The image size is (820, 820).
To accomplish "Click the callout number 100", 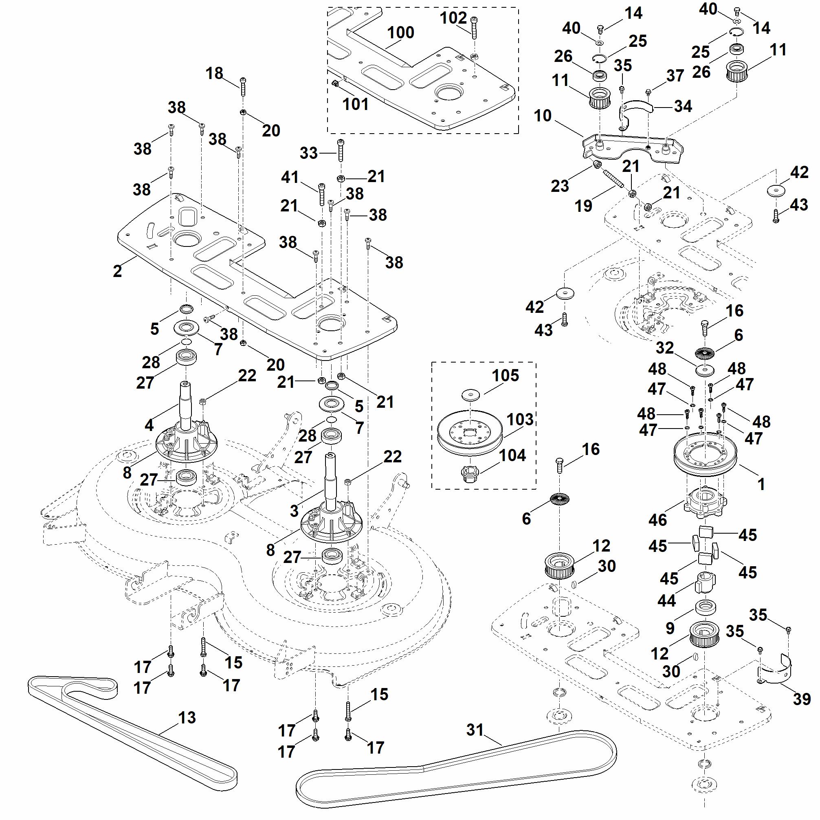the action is tap(401, 33).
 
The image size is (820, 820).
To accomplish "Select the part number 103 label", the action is tap(520, 419).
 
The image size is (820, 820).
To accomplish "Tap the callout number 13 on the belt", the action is tap(187, 718).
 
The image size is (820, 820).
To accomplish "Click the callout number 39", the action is tap(801, 699).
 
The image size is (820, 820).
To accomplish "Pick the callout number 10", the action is tap(543, 115).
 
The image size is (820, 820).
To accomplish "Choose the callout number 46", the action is tap(657, 520).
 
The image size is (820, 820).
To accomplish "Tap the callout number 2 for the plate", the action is tap(117, 271).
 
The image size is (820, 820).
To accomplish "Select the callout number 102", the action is tap(453, 18).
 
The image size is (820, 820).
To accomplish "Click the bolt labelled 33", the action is tap(341, 150).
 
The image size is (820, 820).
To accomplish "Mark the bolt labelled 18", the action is tap(243, 87).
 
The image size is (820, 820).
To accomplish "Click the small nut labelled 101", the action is tap(335, 83).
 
